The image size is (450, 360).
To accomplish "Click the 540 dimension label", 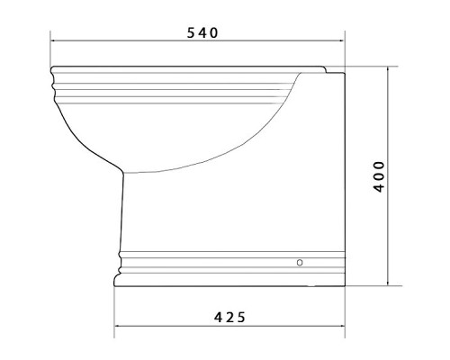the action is tap(202, 32).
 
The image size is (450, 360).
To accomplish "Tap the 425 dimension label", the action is tap(229, 317).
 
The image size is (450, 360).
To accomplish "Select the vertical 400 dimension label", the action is tap(379, 176).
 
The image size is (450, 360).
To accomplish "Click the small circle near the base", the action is tap(300, 263).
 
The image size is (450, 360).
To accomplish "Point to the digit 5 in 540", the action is tap(191, 32).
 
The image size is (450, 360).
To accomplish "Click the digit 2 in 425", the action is tap(229, 317).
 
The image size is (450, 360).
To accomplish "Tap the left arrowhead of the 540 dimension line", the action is tap(53, 40).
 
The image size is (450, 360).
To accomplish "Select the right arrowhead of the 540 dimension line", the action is tap(342, 40).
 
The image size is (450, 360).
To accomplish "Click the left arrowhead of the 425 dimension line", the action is tap(117, 326).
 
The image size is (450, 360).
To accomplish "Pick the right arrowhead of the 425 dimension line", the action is tap(342, 326).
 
